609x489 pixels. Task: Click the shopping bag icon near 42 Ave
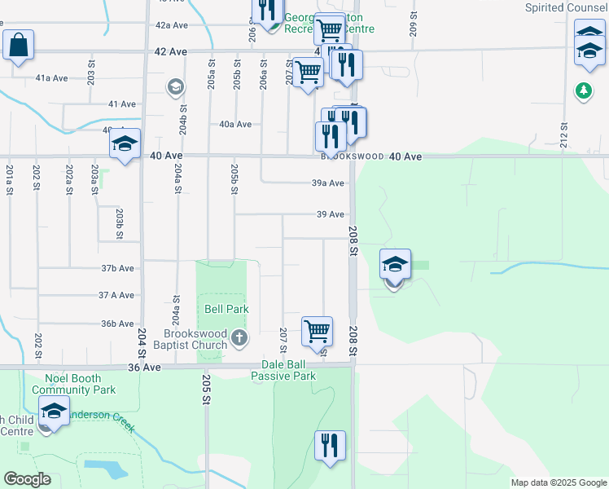[x=19, y=46]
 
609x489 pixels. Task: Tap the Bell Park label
[x=226, y=309]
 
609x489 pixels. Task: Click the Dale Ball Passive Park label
[x=283, y=370]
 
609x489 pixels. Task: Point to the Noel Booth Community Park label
[x=74, y=384]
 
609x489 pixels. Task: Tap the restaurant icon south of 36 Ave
[x=330, y=446]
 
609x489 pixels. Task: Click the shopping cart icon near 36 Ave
[x=317, y=332]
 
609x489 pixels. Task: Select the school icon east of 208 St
[x=395, y=266]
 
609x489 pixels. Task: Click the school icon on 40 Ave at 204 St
[x=125, y=144]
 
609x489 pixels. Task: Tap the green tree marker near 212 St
[x=583, y=90]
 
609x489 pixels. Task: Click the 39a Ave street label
[x=328, y=183]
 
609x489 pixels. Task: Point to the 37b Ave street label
[x=117, y=268]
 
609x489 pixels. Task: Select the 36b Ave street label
[x=117, y=324]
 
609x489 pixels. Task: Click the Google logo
[x=27, y=479]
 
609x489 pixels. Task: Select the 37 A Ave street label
[x=116, y=295]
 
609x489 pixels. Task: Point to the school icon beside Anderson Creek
[x=54, y=412]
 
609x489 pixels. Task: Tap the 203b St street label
[x=119, y=224]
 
